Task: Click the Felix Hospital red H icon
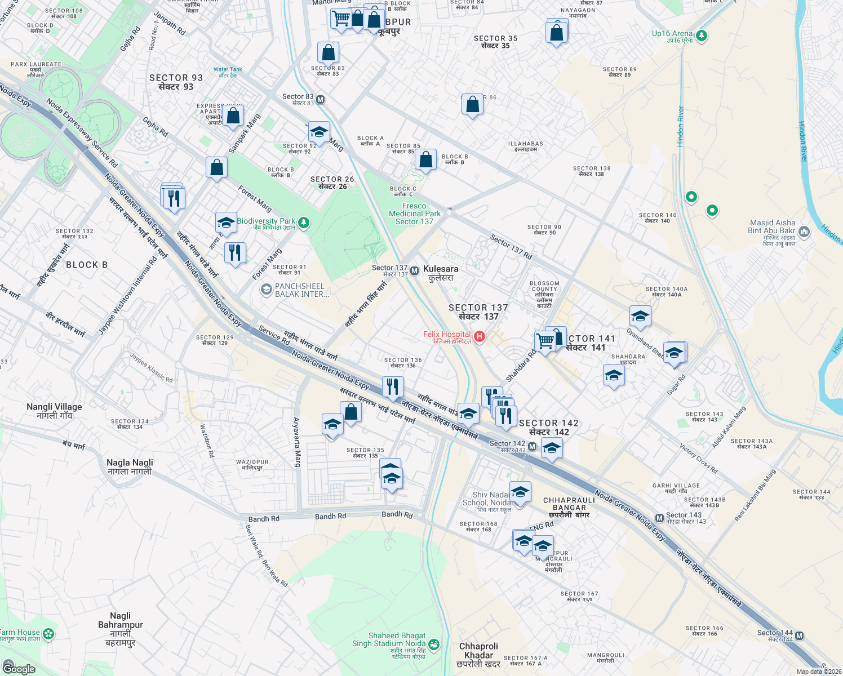(x=480, y=337)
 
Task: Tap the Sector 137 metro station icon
(x=414, y=271)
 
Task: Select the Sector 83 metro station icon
(x=320, y=100)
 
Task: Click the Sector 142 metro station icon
(x=532, y=446)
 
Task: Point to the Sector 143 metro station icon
(x=659, y=518)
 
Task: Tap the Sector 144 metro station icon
(x=799, y=635)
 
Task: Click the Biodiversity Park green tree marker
(x=304, y=223)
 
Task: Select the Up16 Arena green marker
(x=701, y=36)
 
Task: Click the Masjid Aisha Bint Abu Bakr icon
(x=804, y=232)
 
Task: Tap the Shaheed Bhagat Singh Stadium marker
(x=433, y=643)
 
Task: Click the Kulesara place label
(x=441, y=273)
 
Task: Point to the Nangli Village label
(x=55, y=411)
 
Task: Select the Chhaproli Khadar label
(x=478, y=655)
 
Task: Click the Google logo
(x=19, y=669)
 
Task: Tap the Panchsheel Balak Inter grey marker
(x=265, y=290)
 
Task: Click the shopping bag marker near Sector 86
(x=472, y=105)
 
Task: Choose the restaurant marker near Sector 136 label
(x=392, y=387)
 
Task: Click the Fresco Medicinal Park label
(x=415, y=214)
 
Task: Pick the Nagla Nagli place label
(x=130, y=466)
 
